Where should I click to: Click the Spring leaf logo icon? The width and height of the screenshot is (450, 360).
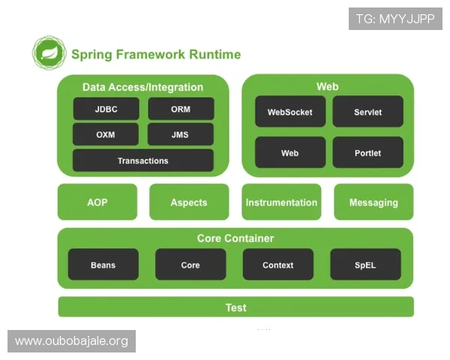click(x=49, y=53)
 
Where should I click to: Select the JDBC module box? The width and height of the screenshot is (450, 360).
click(x=106, y=109)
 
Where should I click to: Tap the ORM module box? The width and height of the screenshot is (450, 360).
click(x=181, y=109)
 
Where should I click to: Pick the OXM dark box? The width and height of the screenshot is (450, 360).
click(x=106, y=135)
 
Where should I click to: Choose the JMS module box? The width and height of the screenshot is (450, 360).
click(x=181, y=135)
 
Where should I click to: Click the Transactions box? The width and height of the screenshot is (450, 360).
click(x=142, y=160)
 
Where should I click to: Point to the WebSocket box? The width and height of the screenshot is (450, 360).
click(x=289, y=112)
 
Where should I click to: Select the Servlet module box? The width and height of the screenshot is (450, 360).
click(x=367, y=112)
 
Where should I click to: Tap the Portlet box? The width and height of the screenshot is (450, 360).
click(x=367, y=153)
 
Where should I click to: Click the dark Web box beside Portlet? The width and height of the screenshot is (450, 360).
click(x=289, y=153)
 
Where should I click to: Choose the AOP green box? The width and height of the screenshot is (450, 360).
click(x=97, y=202)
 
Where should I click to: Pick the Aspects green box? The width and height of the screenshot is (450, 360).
click(x=188, y=202)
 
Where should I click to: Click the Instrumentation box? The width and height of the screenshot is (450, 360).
click(x=281, y=202)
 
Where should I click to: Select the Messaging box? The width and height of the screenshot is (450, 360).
click(x=373, y=202)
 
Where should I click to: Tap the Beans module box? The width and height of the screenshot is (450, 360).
click(x=103, y=265)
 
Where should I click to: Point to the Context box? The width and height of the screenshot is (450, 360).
click(x=277, y=265)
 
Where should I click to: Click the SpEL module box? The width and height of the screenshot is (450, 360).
click(x=365, y=265)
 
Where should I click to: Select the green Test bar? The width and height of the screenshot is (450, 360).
click(x=235, y=307)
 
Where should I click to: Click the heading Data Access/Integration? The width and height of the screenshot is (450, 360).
click(x=142, y=87)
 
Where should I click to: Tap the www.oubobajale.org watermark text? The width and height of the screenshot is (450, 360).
click(x=71, y=341)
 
